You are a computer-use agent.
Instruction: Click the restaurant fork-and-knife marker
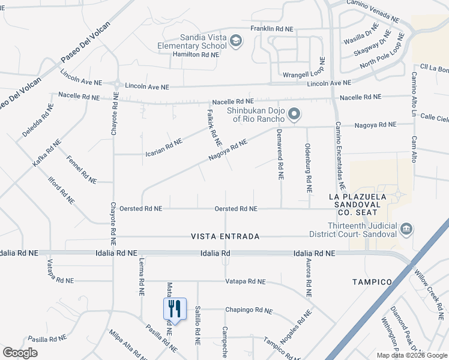click(175, 309)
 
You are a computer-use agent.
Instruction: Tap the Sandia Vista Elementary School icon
click(237, 41)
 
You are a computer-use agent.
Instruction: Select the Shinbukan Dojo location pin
click(294, 113)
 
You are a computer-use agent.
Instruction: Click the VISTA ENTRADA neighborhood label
click(225, 236)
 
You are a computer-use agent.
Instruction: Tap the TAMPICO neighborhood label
click(372, 281)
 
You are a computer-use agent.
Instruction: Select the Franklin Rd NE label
click(271, 28)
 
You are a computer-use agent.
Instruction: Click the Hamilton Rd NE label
click(194, 53)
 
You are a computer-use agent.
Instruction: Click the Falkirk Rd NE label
click(214, 128)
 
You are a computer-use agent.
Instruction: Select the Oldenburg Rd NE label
click(308, 167)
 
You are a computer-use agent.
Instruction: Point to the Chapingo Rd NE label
click(249, 310)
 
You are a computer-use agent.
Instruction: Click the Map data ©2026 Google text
click(411, 355)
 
